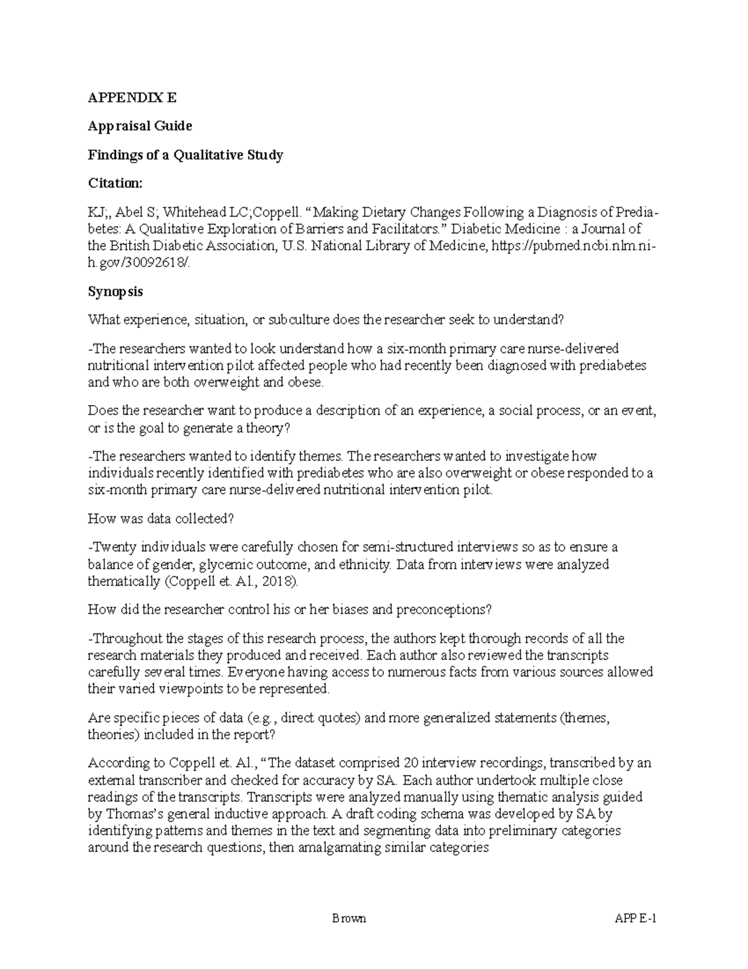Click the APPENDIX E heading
point(132,98)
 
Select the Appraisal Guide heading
point(140,126)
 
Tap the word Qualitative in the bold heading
point(208,155)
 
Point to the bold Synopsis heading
point(115,291)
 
